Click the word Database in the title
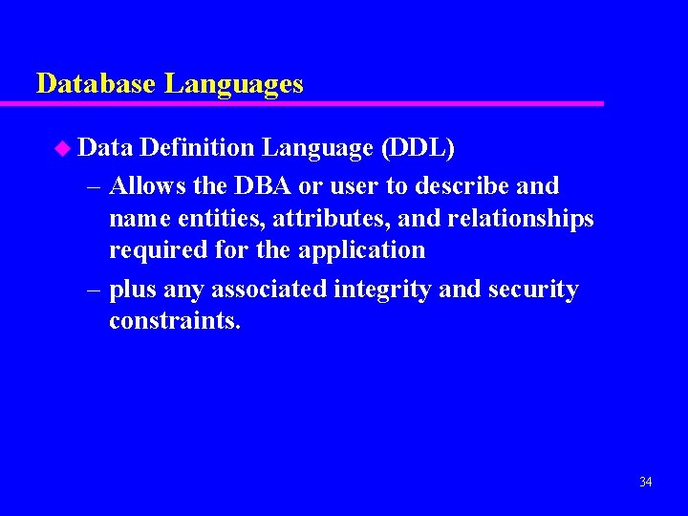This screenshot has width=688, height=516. click(x=97, y=83)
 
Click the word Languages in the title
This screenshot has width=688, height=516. click(x=234, y=84)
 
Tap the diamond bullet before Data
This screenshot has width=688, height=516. click(x=63, y=148)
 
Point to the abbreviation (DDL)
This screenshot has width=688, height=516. click(x=418, y=148)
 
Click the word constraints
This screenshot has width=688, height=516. click(x=175, y=321)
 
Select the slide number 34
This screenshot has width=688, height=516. click(x=645, y=482)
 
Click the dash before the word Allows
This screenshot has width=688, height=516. click(x=94, y=185)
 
